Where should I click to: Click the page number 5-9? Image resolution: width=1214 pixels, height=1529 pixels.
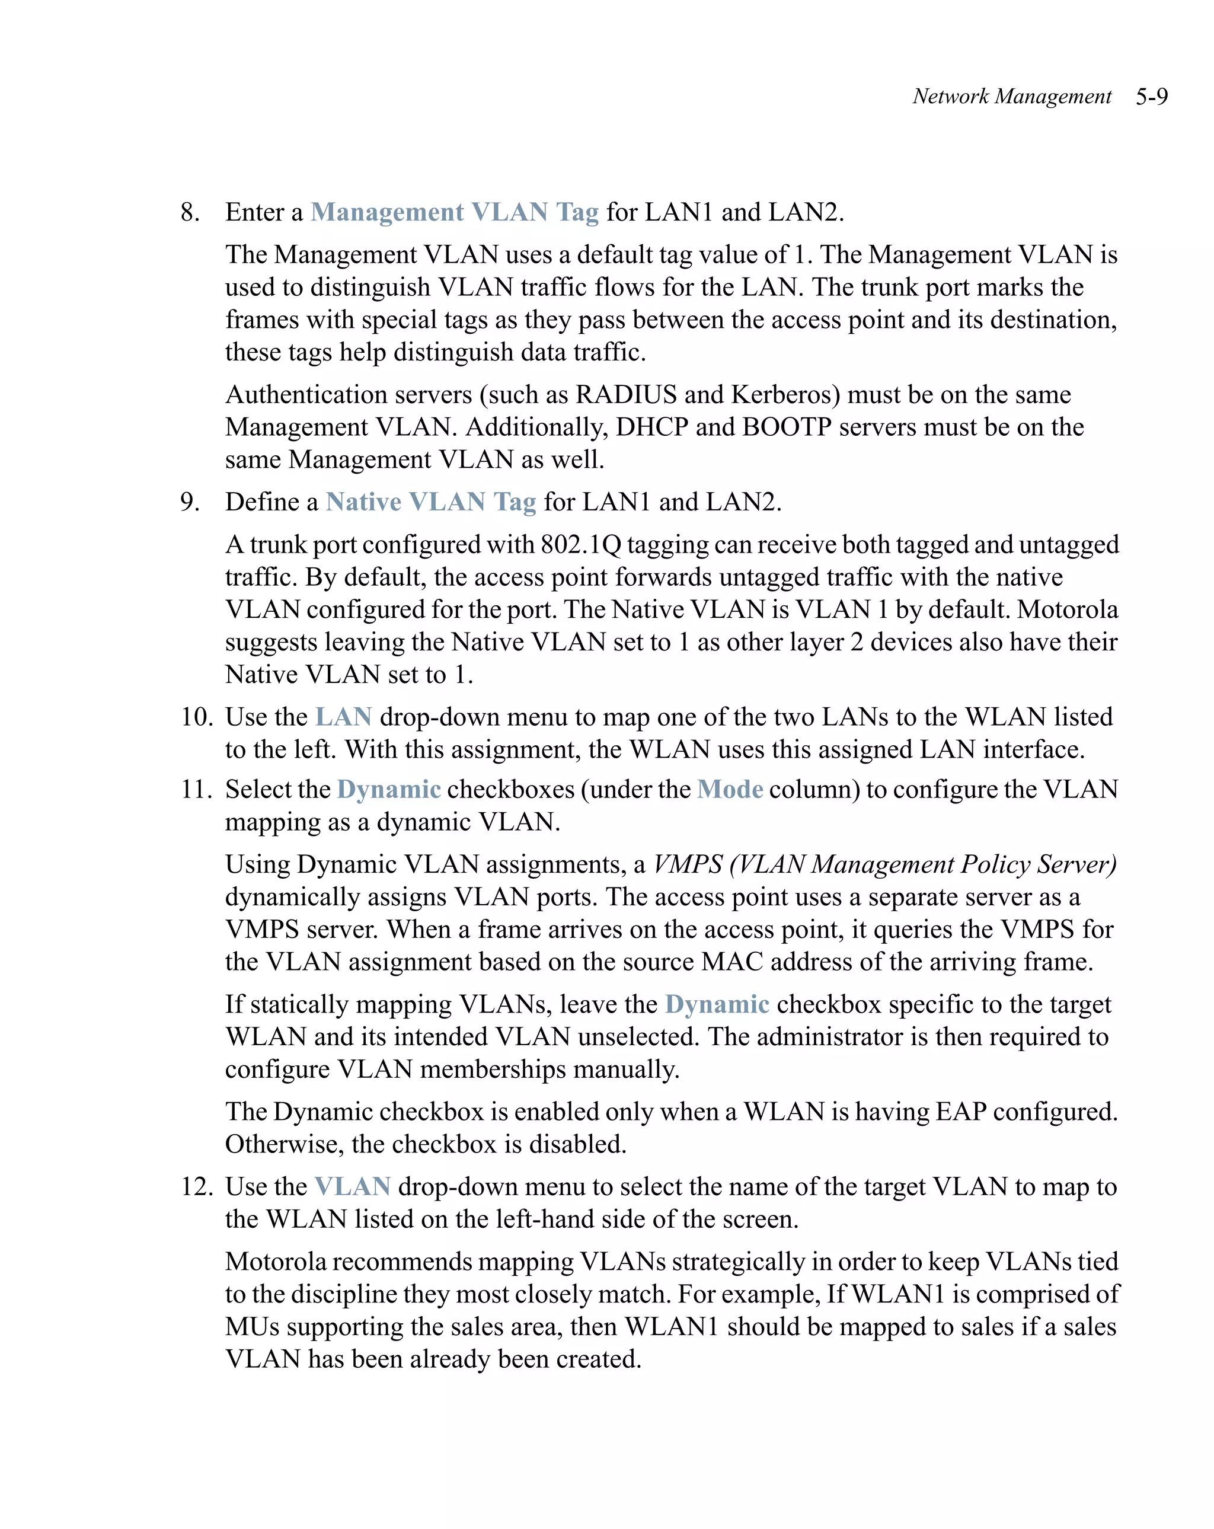pyautogui.click(x=1151, y=97)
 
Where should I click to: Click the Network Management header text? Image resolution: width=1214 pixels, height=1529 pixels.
pyautogui.click(x=1011, y=97)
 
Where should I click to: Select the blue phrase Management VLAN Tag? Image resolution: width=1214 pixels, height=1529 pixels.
pyautogui.click(x=455, y=212)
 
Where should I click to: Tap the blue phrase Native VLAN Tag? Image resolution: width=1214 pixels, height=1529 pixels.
pyautogui.click(x=430, y=502)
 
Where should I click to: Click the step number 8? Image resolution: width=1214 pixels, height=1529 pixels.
pyautogui.click(x=190, y=212)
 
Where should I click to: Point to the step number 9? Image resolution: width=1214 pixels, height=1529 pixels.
pyautogui.click(x=190, y=502)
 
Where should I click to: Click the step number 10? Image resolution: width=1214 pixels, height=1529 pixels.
pyautogui.click(x=196, y=717)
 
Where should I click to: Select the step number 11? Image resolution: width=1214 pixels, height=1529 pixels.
pyautogui.click(x=196, y=789)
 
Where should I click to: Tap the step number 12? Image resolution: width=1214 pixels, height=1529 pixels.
pyautogui.click(x=196, y=1186)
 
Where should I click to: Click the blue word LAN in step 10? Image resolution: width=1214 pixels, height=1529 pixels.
pyautogui.click(x=343, y=717)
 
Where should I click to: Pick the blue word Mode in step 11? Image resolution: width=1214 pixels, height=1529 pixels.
pyautogui.click(x=730, y=789)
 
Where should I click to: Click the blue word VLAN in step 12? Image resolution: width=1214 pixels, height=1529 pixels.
pyautogui.click(x=353, y=1186)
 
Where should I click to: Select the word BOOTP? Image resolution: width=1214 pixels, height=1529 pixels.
pyautogui.click(x=787, y=427)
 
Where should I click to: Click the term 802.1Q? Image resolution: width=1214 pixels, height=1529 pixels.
pyautogui.click(x=581, y=545)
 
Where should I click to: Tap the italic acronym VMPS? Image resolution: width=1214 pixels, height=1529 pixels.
pyautogui.click(x=687, y=864)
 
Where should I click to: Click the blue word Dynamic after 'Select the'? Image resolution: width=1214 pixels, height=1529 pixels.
pyautogui.click(x=389, y=789)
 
